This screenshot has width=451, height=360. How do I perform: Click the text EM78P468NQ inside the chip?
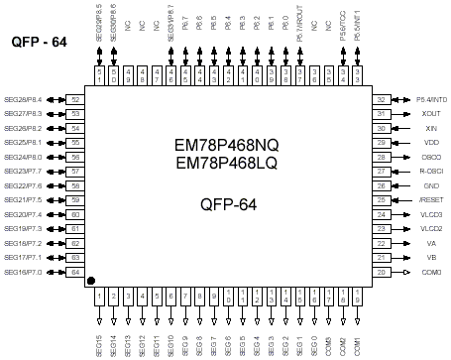[x=226, y=145]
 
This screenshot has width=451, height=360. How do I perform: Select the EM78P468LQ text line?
[x=226, y=162]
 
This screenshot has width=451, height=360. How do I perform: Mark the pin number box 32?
[x=381, y=100]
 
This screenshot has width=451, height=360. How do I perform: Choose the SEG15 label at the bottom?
[x=99, y=345]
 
